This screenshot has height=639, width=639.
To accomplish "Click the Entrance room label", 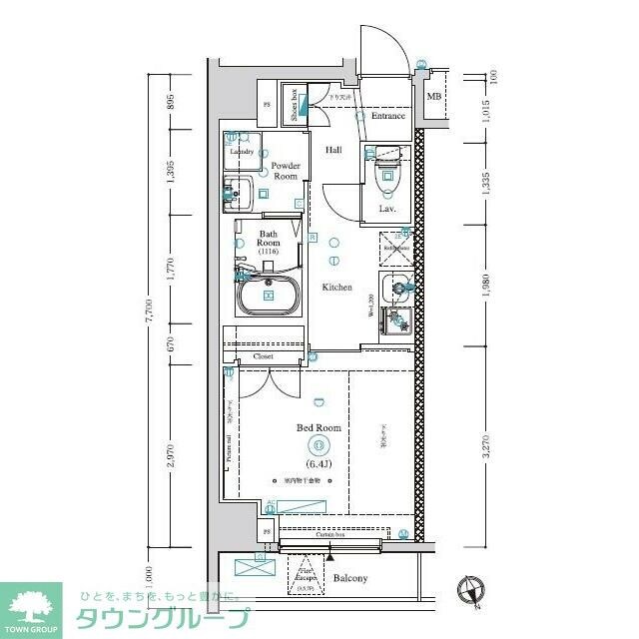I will pyautogui.click(x=388, y=116).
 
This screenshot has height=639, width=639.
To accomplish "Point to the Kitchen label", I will pyautogui.click(x=336, y=288).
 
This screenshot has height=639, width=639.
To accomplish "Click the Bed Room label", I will pyautogui.click(x=319, y=427).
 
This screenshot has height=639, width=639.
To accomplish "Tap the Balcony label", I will pyautogui.click(x=349, y=578).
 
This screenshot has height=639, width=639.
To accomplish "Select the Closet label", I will pyautogui.click(x=264, y=355).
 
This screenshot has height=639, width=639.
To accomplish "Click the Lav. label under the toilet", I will pyautogui.click(x=386, y=209).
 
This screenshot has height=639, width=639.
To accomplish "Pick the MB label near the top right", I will pyautogui.click(x=433, y=96).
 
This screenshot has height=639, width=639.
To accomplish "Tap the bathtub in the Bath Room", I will pyautogui.click(x=269, y=296).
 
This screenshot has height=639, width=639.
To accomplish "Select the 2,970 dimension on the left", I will pyautogui.click(x=171, y=456).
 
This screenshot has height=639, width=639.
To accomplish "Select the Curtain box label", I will pyautogui.click(x=330, y=535).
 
